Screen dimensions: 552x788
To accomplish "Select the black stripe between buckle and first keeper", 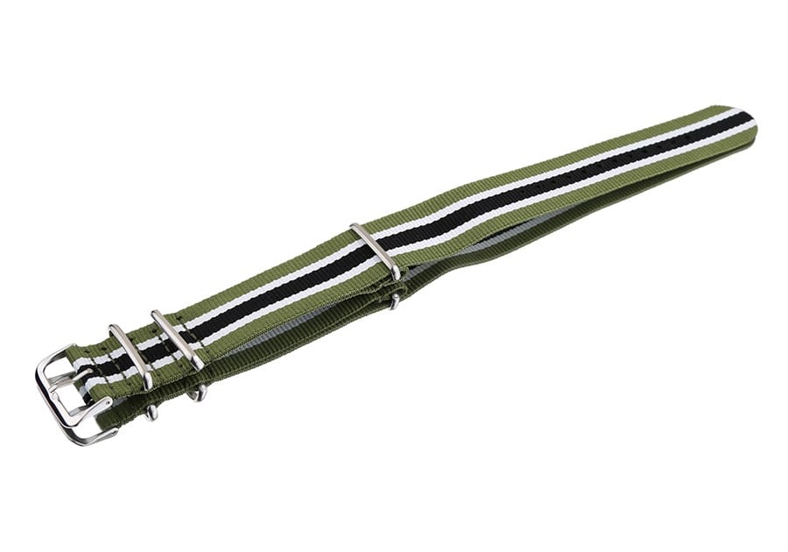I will tap(103, 360).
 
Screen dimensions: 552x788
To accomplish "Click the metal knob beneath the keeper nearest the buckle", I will tap(151, 409).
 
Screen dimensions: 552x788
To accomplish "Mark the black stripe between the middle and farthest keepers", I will tap(280, 289).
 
